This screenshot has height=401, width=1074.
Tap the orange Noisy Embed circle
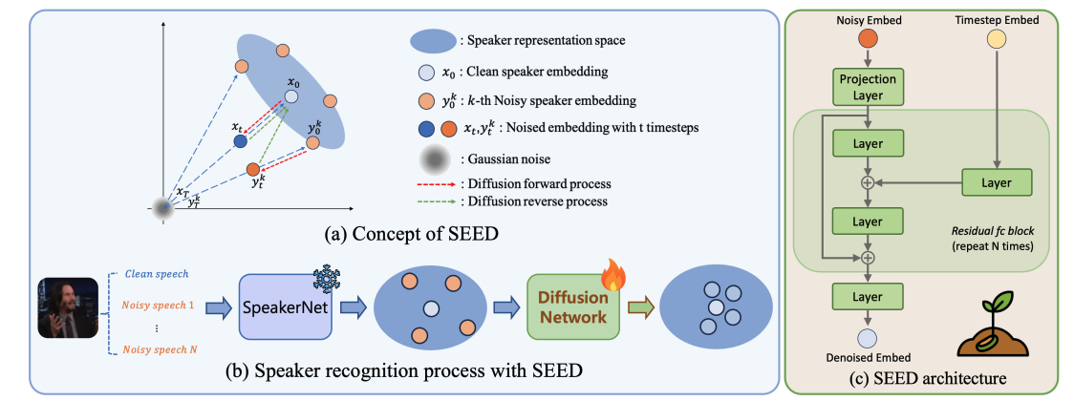[x=867, y=38]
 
